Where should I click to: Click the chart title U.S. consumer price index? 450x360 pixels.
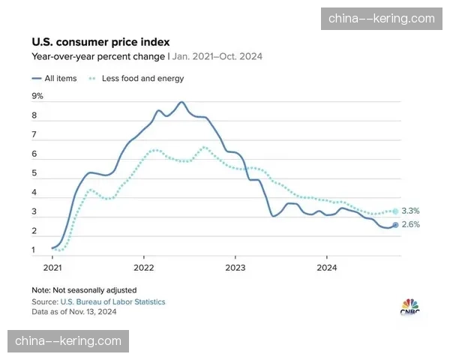(100, 42)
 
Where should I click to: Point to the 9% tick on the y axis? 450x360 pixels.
(37, 96)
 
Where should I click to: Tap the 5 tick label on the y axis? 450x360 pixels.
(34, 173)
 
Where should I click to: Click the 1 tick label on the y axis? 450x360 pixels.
(34, 250)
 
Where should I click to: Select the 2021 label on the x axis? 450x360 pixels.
(52, 267)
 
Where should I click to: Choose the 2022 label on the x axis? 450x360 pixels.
(143, 267)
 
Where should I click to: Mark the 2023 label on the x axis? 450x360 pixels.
(235, 267)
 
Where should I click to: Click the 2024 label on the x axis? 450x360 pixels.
(326, 267)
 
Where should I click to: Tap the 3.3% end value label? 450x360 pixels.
(410, 211)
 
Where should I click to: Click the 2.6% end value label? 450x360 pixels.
(410, 224)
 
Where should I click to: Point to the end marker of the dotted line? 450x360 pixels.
(395, 211)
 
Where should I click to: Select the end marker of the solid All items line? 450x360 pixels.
(395, 224)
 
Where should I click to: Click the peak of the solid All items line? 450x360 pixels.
(181, 102)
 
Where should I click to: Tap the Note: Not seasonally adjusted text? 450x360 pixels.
(84, 289)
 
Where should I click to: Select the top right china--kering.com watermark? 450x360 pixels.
(381, 18)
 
